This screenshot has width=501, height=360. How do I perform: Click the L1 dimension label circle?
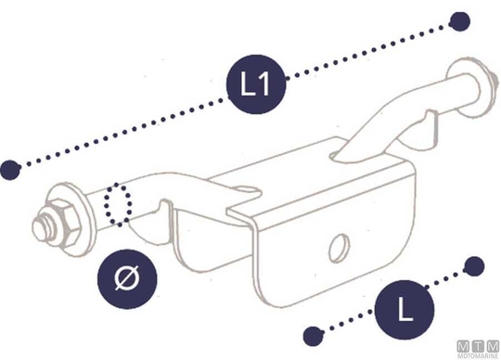coord(256,84)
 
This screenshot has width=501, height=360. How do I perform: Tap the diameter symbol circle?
coord(127,279)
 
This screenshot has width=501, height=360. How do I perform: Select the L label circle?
coord(405,310)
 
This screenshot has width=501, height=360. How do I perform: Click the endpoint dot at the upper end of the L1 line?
coord(459,21)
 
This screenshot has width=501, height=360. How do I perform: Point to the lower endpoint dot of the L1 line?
coord(10,170)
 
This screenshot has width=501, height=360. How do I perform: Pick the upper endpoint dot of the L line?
coord(474,266)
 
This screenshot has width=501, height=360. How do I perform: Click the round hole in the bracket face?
coord(339,248)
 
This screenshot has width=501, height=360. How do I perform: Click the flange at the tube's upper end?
coord(469,88)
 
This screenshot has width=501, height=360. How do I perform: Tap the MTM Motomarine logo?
coord(479,349)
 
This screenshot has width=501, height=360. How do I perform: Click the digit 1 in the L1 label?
coord(263,84)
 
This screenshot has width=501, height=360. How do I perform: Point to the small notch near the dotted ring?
coord(165,208)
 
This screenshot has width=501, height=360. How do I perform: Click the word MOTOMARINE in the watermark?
coord(479,356)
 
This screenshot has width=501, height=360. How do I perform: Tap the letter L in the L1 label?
coord(248,84)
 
